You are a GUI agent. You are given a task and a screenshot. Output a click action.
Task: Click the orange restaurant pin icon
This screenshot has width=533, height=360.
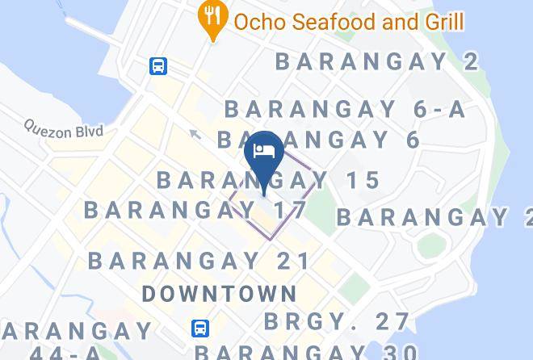[212, 20]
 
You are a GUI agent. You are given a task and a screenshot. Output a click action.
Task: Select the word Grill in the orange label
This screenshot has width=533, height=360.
[442, 21]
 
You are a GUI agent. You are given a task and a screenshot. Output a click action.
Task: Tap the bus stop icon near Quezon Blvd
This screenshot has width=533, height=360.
[158, 65]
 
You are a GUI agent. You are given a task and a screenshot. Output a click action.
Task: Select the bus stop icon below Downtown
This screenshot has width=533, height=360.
[201, 328]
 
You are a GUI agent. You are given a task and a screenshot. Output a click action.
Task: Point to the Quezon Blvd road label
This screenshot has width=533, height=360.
[65, 128]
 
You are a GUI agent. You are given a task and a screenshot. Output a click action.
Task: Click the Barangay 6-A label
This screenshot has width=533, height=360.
[345, 109]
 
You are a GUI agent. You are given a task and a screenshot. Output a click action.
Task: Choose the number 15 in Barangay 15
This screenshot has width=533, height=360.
[363, 180]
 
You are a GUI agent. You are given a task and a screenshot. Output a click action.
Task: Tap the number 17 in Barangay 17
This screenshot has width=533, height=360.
[290, 210]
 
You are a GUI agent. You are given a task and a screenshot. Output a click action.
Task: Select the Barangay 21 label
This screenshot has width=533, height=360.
[199, 261]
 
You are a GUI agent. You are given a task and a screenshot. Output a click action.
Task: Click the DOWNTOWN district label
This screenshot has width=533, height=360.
[220, 293]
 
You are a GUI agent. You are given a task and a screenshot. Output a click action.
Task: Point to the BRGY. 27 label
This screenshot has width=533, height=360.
[338, 320]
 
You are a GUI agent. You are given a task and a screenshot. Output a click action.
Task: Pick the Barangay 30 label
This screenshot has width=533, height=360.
[306, 352]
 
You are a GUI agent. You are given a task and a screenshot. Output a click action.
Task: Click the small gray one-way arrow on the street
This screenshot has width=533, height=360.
[194, 134]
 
